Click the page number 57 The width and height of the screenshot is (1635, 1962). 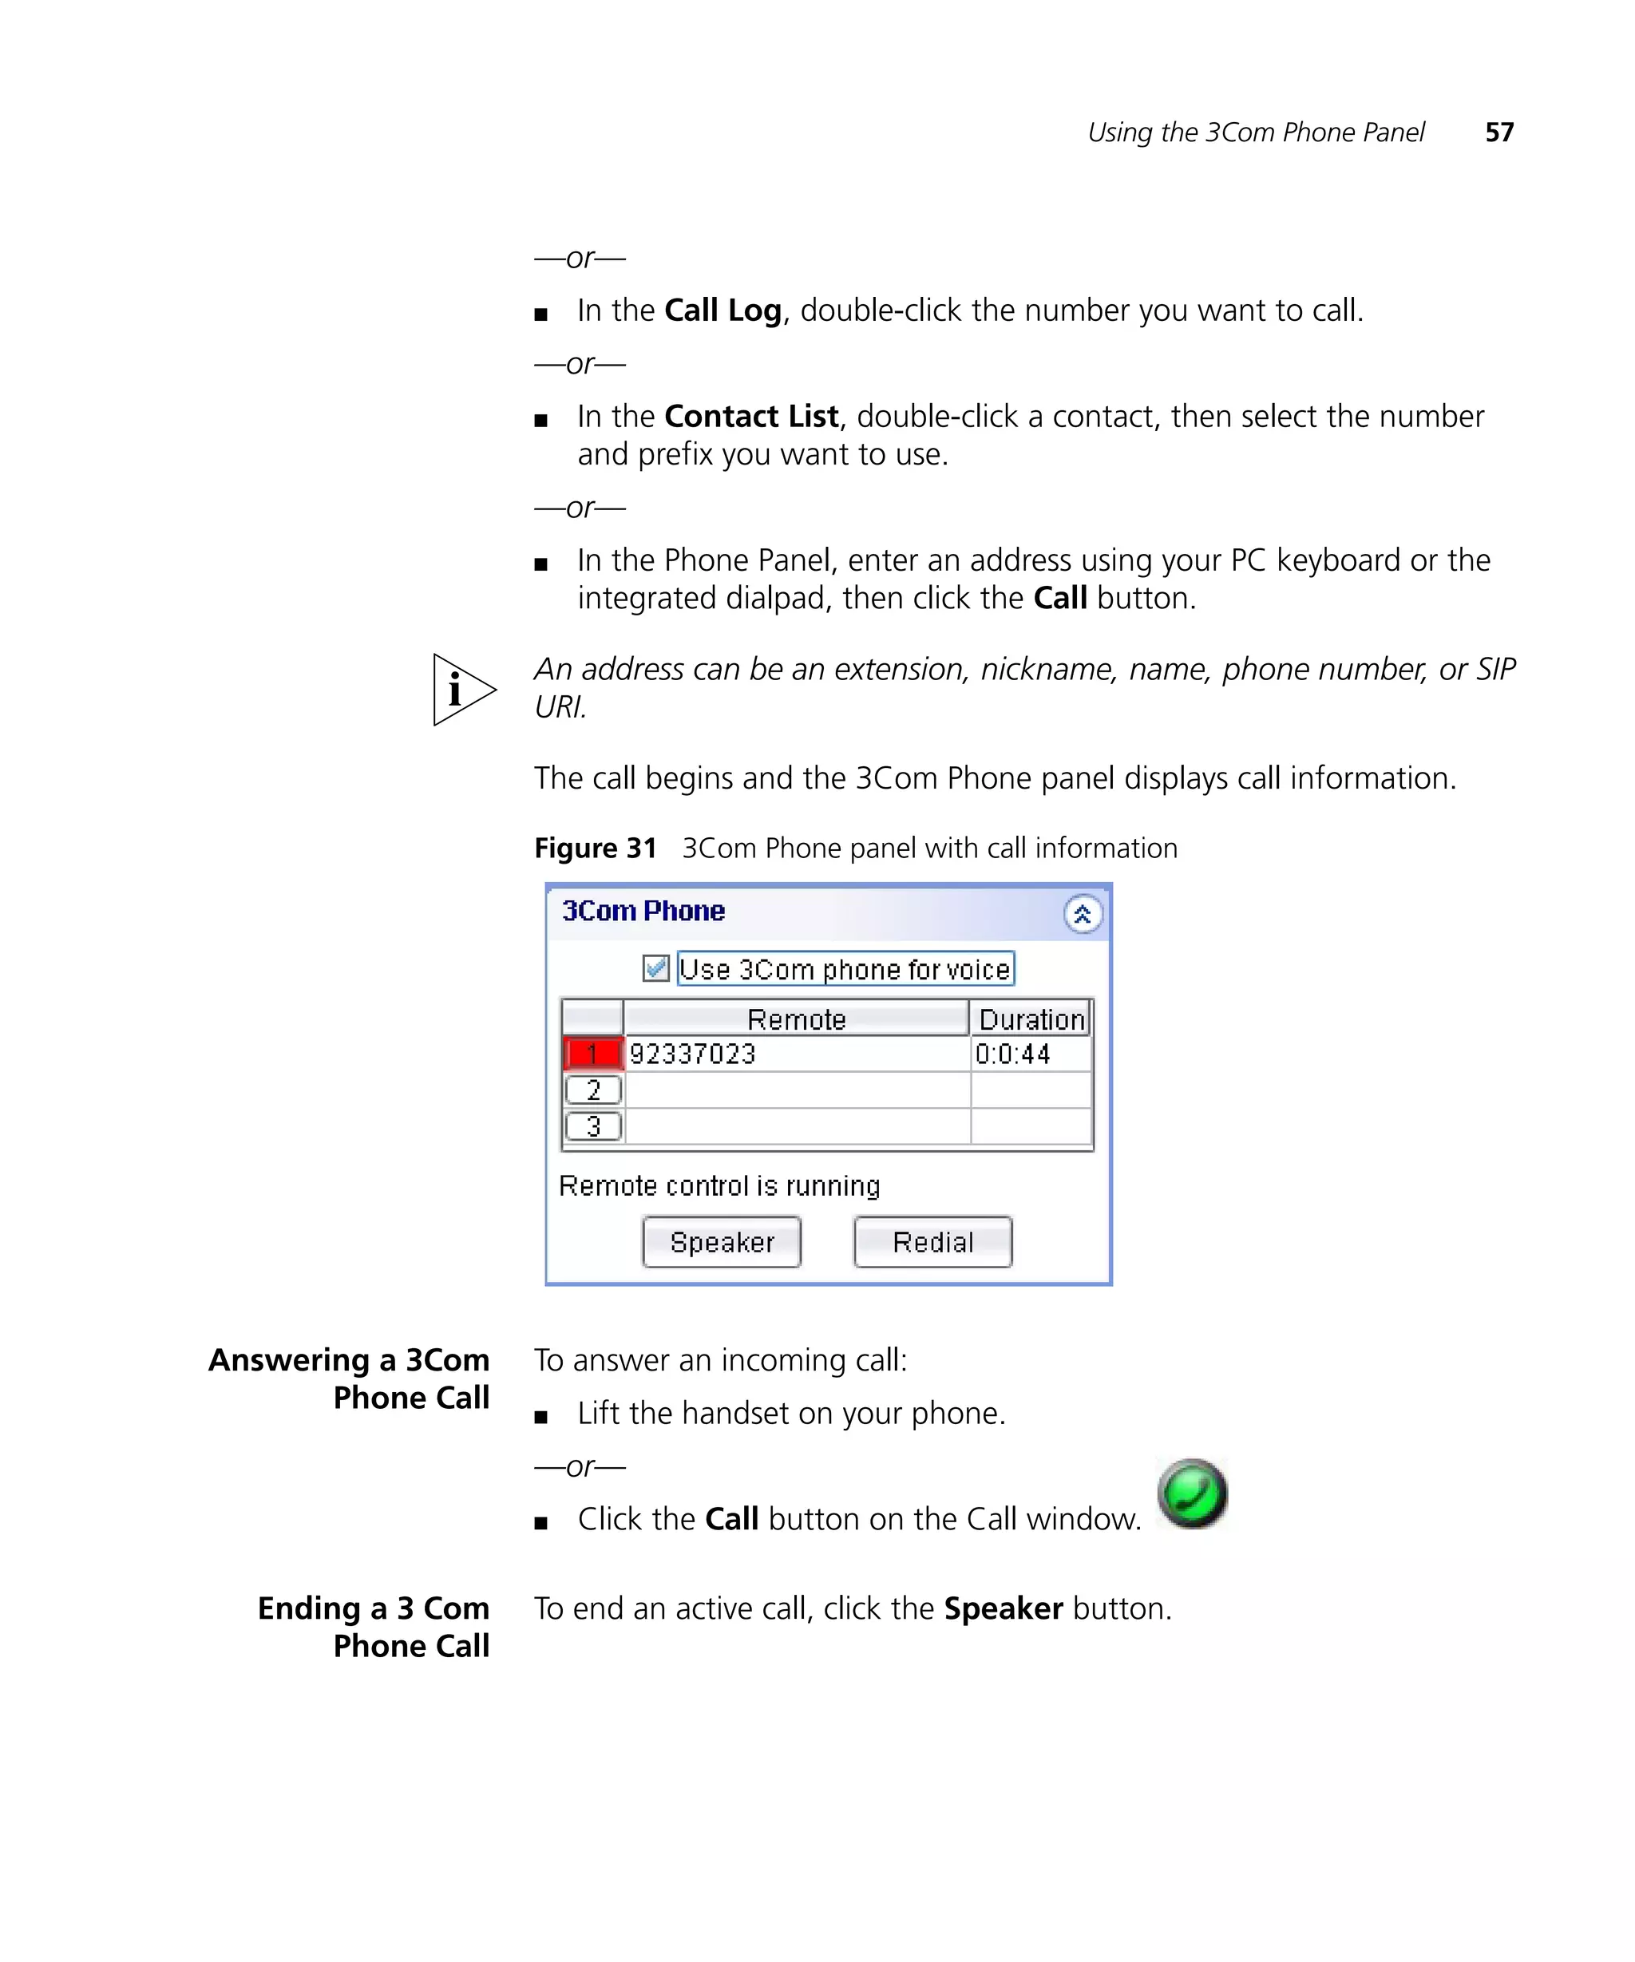pos(1498,133)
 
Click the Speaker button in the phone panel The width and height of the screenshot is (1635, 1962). pos(721,1242)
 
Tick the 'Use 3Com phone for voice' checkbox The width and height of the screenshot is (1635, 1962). pos(656,968)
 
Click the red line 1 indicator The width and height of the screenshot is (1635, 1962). pos(592,1054)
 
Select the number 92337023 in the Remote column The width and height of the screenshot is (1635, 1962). pos(692,1054)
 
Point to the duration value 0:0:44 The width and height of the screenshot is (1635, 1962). pos(1013,1054)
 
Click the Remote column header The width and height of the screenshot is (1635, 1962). pos(796,1019)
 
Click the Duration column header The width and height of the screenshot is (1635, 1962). pos(1031,1019)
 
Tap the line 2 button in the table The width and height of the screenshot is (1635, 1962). pos(593,1090)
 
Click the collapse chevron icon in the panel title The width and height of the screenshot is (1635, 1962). pos(1082,914)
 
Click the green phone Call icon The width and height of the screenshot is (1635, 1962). pos(1192,1493)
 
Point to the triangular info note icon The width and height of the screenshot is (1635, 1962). pos(461,690)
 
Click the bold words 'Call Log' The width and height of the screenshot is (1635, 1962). pos(722,311)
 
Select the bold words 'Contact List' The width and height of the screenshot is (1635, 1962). pos(751,416)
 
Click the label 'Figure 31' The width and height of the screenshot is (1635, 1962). pos(595,848)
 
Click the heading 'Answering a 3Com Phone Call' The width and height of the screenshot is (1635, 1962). pos(350,1378)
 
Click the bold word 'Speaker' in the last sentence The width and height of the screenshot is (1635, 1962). pos(1003,1608)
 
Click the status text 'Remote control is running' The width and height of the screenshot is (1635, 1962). pos(719,1185)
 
